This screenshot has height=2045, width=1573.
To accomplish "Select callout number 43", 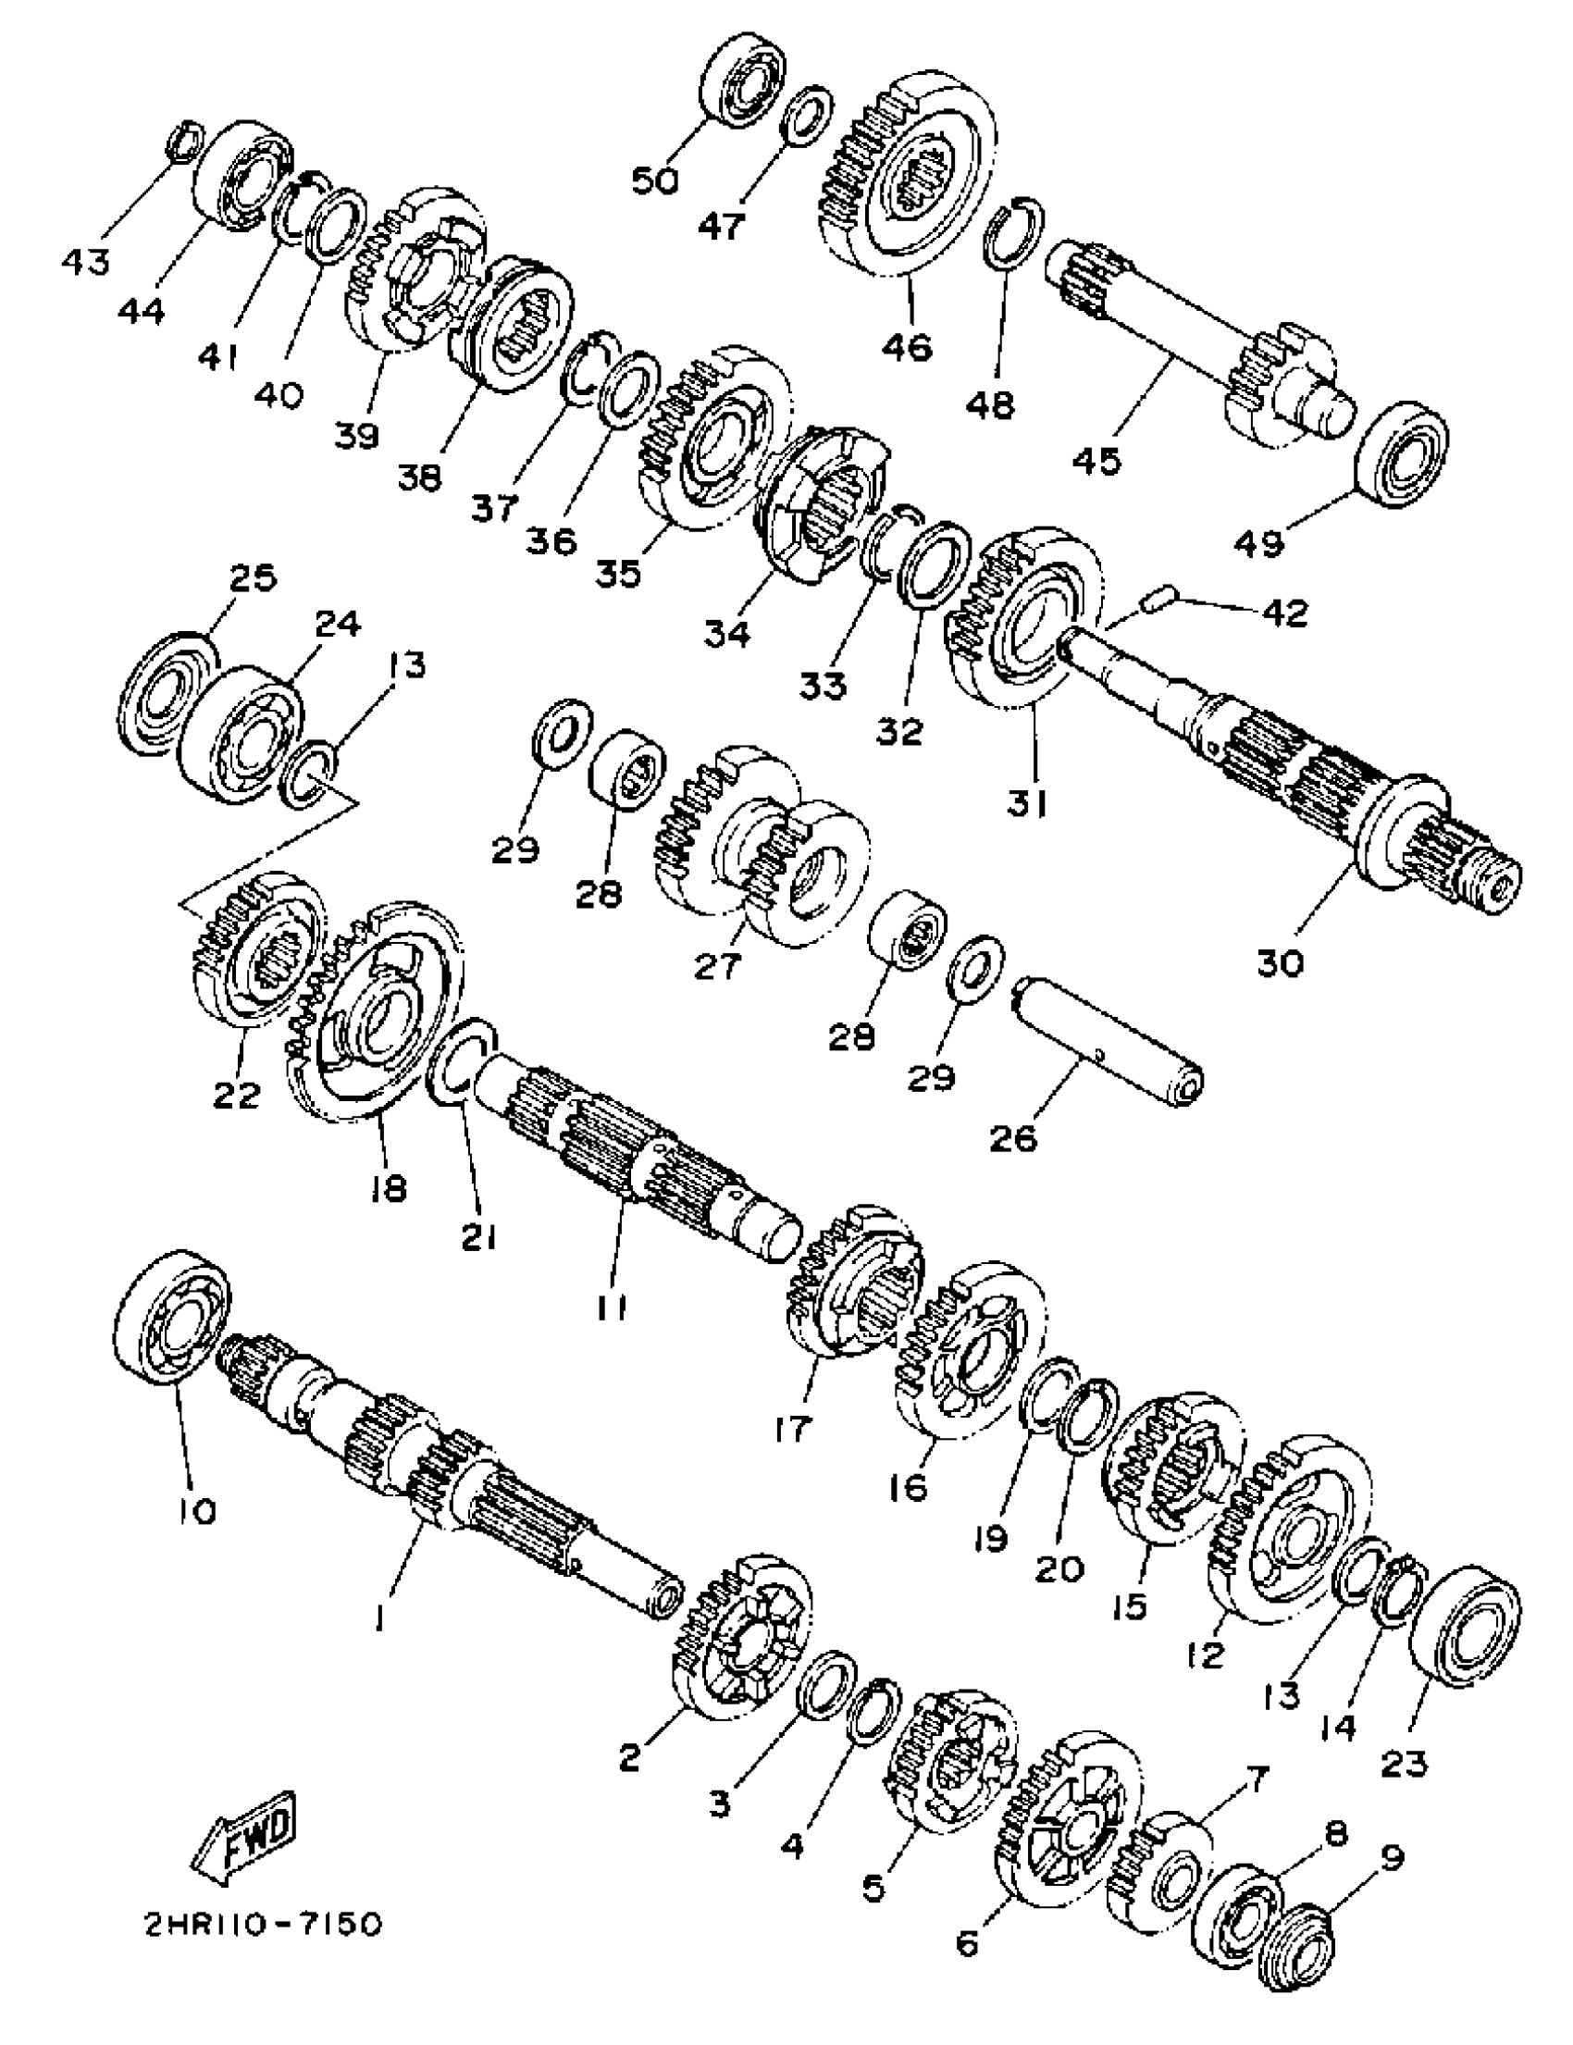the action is (85, 261).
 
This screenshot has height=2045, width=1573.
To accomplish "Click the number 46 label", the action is (907, 346).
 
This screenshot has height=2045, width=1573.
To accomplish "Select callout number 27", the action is (717, 964).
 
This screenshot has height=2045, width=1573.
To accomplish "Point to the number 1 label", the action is (379, 1617).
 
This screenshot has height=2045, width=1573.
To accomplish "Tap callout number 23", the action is (1405, 1764).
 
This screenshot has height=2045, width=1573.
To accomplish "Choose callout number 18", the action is (389, 1187).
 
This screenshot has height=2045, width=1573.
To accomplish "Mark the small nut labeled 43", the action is (181, 140).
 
